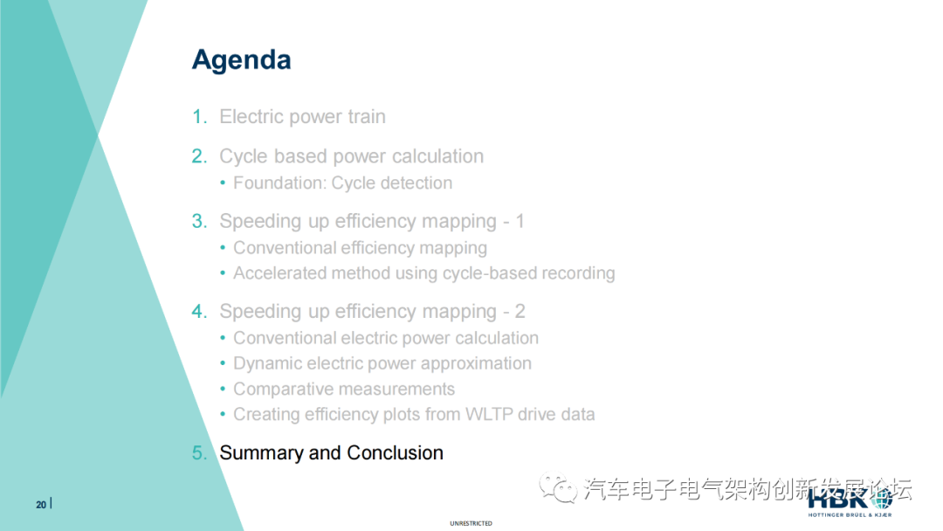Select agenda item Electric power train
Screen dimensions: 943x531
[302, 116]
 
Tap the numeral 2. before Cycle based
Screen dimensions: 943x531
[199, 156]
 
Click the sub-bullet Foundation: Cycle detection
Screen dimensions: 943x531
[343, 183]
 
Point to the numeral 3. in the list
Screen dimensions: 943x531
[199, 221]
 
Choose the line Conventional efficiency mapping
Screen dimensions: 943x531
[361, 248]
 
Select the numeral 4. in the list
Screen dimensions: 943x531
[199, 312]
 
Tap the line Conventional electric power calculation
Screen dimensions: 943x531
[386, 338]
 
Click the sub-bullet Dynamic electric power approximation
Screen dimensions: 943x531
[382, 363]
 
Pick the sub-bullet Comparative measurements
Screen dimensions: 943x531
[344, 389]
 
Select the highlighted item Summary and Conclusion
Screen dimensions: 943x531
[332, 452]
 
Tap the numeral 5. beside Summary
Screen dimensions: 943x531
[199, 452]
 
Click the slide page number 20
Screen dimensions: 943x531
[41, 505]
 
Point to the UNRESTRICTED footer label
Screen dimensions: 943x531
[471, 524]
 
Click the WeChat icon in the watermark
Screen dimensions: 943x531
[557, 487]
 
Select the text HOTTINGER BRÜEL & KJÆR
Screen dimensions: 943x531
[850, 514]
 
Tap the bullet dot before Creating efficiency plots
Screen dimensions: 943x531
[223, 414]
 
